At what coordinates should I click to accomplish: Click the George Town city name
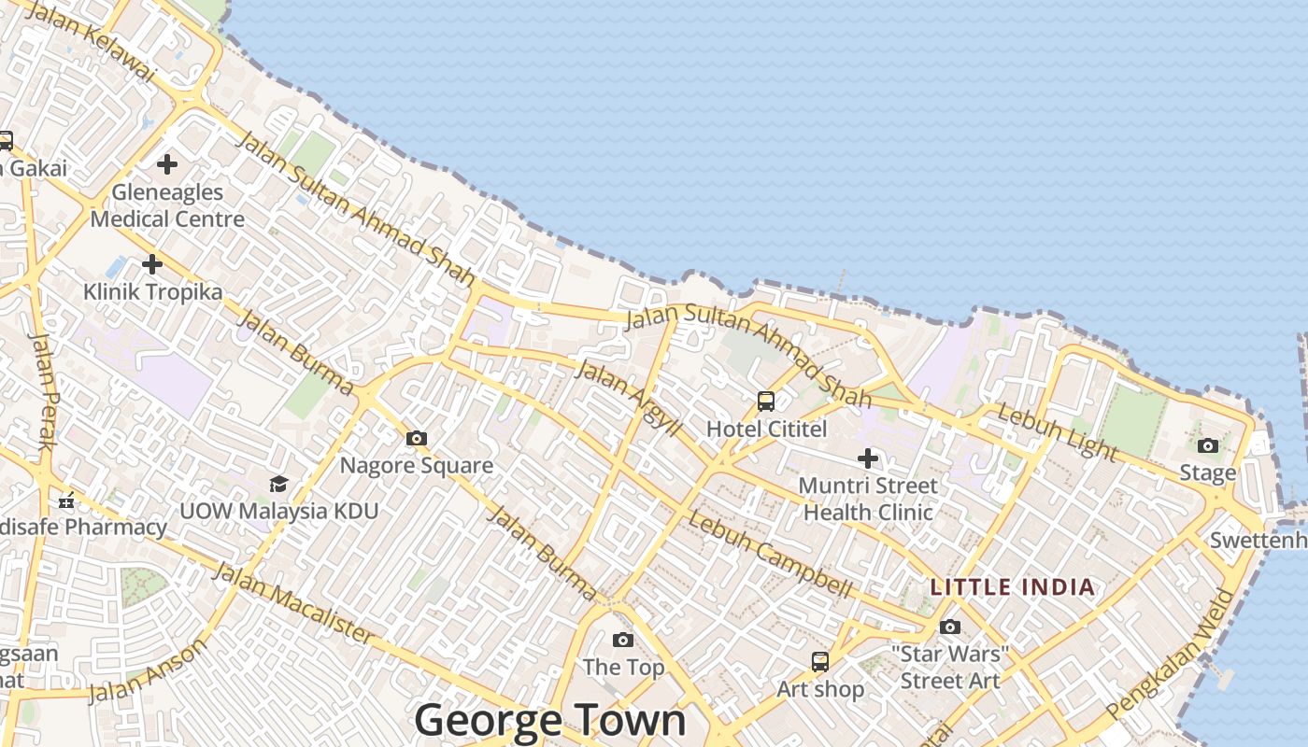click(x=549, y=721)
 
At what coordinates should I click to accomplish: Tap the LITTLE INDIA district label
click(x=1012, y=587)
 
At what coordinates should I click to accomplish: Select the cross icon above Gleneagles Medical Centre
click(x=167, y=164)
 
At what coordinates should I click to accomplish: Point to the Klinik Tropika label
click(x=153, y=292)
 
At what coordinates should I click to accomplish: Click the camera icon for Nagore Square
click(x=417, y=438)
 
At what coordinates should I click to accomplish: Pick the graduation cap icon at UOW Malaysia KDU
click(x=278, y=484)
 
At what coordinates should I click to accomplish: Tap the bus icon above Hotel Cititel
click(x=766, y=402)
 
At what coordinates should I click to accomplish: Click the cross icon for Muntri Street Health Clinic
click(x=868, y=458)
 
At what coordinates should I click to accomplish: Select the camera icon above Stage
click(x=1208, y=445)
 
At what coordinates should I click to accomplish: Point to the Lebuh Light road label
click(x=1057, y=431)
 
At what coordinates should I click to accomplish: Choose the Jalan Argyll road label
click(x=629, y=396)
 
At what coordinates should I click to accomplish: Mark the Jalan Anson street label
click(x=148, y=671)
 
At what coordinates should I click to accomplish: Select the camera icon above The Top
click(x=623, y=640)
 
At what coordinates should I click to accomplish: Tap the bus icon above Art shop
click(x=820, y=661)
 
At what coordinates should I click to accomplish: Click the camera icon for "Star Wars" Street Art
click(x=950, y=627)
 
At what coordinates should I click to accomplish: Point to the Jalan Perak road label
click(x=43, y=390)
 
